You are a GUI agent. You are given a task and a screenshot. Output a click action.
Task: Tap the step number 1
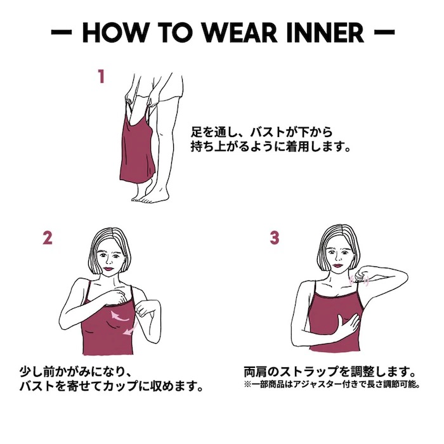(x=100, y=77)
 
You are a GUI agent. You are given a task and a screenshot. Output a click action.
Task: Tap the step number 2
(x=47, y=238)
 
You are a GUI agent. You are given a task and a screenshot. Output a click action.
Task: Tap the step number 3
(x=274, y=238)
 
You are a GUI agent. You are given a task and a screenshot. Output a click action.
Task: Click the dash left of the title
(x=62, y=32)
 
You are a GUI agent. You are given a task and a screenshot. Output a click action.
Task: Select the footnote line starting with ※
(x=331, y=386)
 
